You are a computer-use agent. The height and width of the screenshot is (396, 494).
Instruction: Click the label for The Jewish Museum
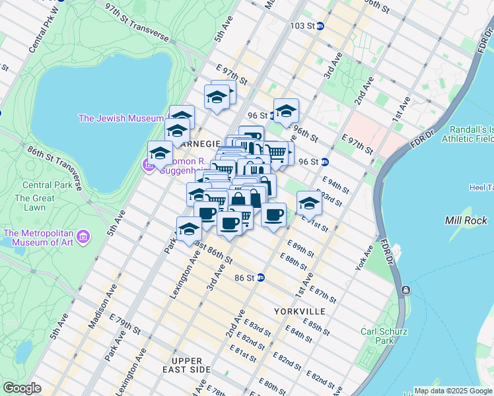121,118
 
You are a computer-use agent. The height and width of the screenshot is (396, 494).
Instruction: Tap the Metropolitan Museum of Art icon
83,236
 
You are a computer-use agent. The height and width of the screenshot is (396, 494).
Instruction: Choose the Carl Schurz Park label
384,336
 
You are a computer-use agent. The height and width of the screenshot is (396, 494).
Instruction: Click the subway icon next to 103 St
320,26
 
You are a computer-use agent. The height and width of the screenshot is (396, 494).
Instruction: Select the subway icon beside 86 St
261,279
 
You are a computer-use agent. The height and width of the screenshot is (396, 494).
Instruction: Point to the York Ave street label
368,254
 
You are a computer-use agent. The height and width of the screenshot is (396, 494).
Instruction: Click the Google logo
22,387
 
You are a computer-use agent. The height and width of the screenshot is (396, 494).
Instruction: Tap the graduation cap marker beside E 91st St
308,203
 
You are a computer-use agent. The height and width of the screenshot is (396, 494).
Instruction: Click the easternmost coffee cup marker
273,214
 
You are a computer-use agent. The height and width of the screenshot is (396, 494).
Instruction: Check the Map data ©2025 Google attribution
452,391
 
